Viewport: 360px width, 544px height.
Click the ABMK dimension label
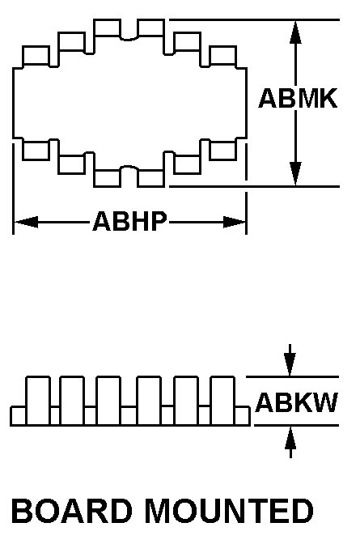click(x=298, y=98)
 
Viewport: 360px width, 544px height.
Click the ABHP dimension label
click(x=129, y=221)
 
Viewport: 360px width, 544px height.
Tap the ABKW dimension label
click(x=297, y=402)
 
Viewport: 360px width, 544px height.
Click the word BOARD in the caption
click(x=72, y=511)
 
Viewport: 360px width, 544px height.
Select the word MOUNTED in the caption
click(x=229, y=511)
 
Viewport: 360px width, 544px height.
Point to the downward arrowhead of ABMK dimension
click(x=295, y=174)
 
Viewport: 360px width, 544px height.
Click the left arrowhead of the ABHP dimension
click(x=26, y=222)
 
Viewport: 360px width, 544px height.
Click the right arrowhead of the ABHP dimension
click(x=234, y=222)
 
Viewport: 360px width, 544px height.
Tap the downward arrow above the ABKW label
click(x=290, y=360)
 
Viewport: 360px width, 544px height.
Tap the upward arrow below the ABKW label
click(x=290, y=442)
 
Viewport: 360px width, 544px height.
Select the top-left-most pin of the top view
click(x=36, y=56)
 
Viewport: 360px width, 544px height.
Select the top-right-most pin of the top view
click(x=223, y=56)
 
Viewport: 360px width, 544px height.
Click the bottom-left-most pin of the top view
click(x=36, y=151)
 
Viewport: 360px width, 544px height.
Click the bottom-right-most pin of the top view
click(x=223, y=151)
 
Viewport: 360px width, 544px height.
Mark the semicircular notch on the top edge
click(x=129, y=38)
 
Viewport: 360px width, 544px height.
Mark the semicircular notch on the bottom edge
click(x=129, y=168)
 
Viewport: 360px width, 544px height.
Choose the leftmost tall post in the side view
click(x=38, y=401)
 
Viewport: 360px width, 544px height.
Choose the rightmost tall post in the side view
click(x=222, y=401)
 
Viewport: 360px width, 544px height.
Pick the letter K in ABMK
click(x=328, y=98)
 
